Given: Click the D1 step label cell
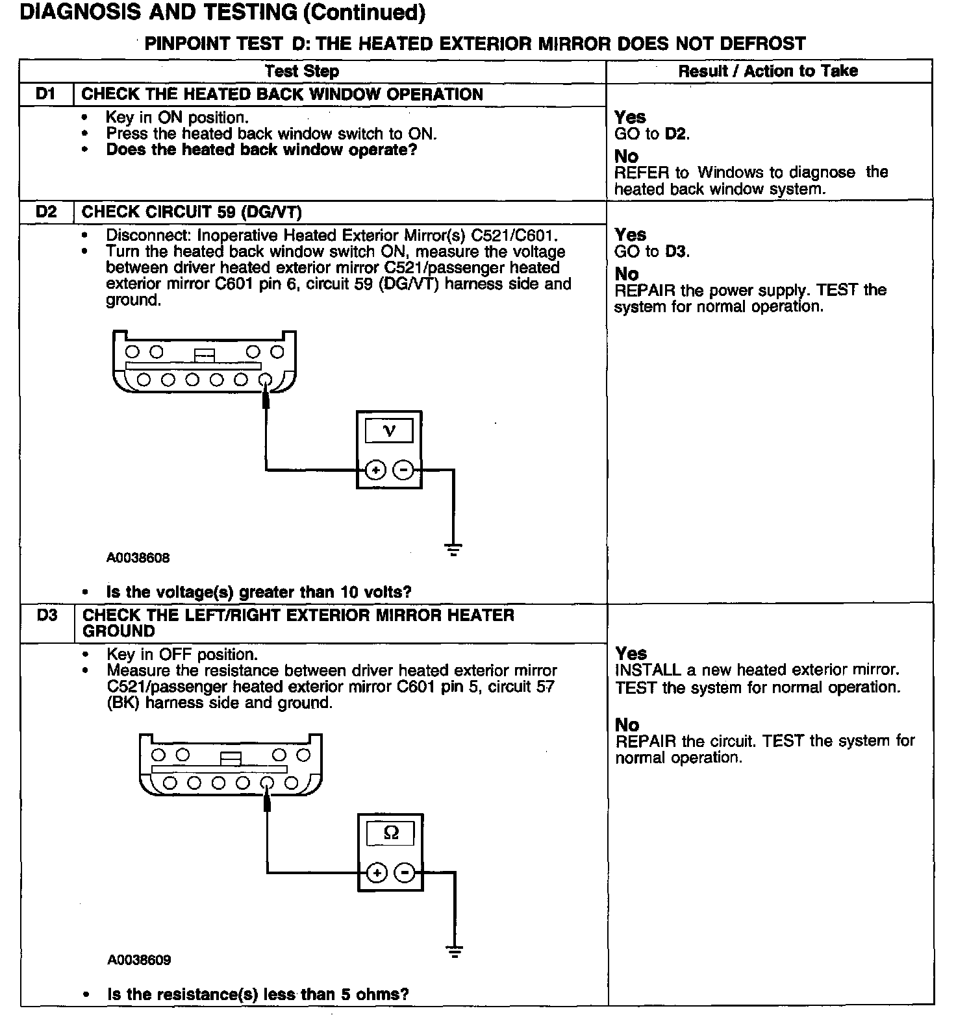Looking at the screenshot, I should (46, 94).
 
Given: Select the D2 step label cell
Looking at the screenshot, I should (46, 212).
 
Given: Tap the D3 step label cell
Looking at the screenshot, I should (47, 615).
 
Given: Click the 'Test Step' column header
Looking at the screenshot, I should (302, 71).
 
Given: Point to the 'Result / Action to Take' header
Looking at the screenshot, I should (768, 71).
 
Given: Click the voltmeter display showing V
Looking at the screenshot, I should (389, 430).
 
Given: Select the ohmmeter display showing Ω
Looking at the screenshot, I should (391, 833).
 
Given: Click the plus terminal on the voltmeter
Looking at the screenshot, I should (375, 469).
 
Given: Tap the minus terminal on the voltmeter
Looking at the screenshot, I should (403, 469).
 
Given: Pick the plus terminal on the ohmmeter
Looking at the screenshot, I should (377, 873).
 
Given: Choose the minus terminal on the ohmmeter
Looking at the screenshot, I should (405, 873).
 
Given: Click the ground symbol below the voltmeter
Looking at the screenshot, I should (453, 549).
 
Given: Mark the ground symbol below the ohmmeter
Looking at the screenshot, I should (454, 952).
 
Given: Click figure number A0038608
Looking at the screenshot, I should (138, 557).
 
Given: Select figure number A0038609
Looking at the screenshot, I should (139, 960).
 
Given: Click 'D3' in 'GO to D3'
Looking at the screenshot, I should (677, 252).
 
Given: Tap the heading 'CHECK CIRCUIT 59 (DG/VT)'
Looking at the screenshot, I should (192, 212).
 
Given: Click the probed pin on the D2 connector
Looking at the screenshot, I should (264, 380).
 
